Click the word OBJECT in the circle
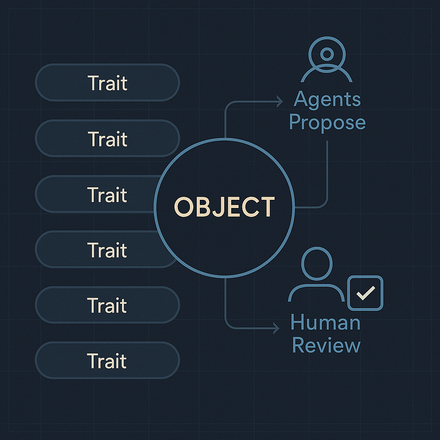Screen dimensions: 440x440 pyautogui.click(x=224, y=207)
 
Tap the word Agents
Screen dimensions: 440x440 pyautogui.click(x=327, y=100)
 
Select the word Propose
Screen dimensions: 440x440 pyautogui.click(x=327, y=122)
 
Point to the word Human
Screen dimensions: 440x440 pyautogui.click(x=325, y=323)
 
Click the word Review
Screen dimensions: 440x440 pyautogui.click(x=326, y=345)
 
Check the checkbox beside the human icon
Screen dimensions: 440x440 pyautogui.click(x=365, y=293)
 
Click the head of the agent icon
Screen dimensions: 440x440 pyautogui.click(x=327, y=54)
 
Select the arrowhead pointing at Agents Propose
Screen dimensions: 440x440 pyautogui.click(x=280, y=102)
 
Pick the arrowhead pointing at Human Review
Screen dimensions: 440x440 pyautogui.click(x=276, y=329)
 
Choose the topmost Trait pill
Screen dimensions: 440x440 pyautogui.click(x=107, y=82)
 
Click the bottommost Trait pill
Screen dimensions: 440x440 pyautogui.click(x=107, y=360)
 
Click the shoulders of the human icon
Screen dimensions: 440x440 pyautogui.click(x=316, y=292)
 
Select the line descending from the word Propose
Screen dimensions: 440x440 pyautogui.click(x=327, y=172)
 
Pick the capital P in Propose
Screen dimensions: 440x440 pyautogui.click(x=295, y=122)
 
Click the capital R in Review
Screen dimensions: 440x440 pyautogui.click(x=299, y=345)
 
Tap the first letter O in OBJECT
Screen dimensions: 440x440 pyautogui.click(x=183, y=207)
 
